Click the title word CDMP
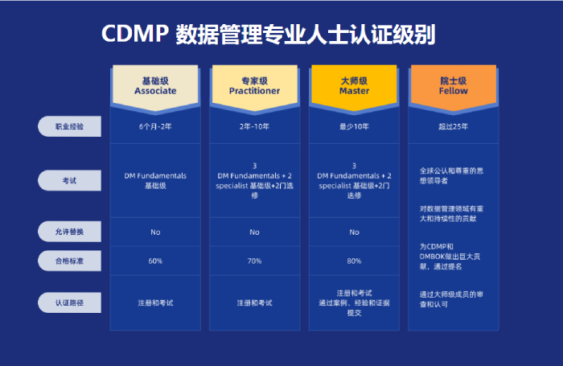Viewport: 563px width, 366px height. click(x=135, y=34)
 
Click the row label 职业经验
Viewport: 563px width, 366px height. click(x=69, y=126)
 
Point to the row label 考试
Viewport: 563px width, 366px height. click(x=69, y=180)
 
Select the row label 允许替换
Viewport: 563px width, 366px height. click(x=69, y=232)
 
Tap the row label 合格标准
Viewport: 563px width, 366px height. click(x=69, y=261)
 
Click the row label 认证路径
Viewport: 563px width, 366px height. click(x=69, y=302)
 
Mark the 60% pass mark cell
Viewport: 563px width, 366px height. click(x=155, y=261)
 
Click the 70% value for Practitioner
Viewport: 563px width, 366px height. click(x=255, y=261)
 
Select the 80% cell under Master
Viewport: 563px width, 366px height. click(x=354, y=261)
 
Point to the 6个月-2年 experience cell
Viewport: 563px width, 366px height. click(x=155, y=126)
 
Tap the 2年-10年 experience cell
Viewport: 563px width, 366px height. click(x=255, y=126)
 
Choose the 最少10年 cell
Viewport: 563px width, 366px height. click(x=354, y=126)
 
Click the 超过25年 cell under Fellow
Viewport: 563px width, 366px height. click(x=453, y=126)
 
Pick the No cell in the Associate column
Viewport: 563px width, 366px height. click(x=155, y=232)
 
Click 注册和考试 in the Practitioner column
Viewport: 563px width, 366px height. click(x=255, y=303)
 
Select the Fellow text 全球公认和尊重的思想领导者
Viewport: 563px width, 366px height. click(x=451, y=175)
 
